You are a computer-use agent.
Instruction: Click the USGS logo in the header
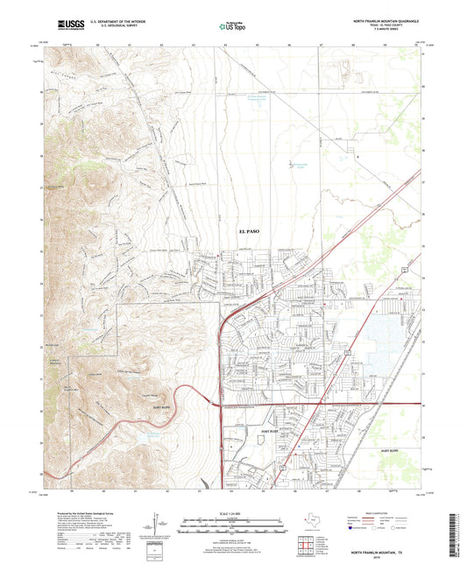tap(70, 24)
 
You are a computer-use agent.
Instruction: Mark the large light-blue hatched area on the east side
tap(379, 354)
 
